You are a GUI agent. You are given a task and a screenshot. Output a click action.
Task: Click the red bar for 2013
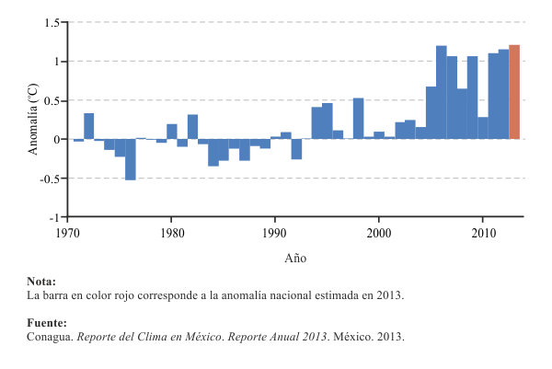(514, 92)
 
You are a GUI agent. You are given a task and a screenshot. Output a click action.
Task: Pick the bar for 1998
(358, 118)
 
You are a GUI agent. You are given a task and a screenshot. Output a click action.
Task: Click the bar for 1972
(89, 126)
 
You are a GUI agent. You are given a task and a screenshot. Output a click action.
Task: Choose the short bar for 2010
(483, 128)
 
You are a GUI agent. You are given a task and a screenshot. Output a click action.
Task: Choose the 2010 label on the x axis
(483, 234)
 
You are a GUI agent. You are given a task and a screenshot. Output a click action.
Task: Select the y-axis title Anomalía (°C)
(33, 120)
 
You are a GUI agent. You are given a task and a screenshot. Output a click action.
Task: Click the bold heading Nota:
(41, 282)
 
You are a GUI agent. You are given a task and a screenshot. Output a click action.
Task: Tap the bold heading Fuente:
(47, 323)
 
